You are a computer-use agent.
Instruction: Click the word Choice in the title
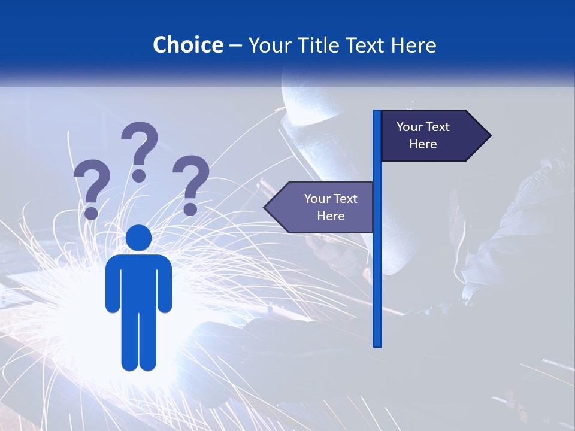pyautogui.click(x=187, y=45)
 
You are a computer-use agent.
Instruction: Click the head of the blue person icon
pyautogui.click(x=139, y=238)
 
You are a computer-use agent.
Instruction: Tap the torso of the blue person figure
pyautogui.click(x=139, y=281)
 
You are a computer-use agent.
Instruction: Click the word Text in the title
pyautogui.click(x=365, y=45)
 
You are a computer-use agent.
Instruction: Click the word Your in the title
pyautogui.click(x=270, y=45)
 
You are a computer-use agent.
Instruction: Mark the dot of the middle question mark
pyautogui.click(x=139, y=175)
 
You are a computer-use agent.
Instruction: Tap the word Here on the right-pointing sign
pyautogui.click(x=423, y=144)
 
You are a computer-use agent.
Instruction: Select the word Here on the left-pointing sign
pyautogui.click(x=331, y=216)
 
